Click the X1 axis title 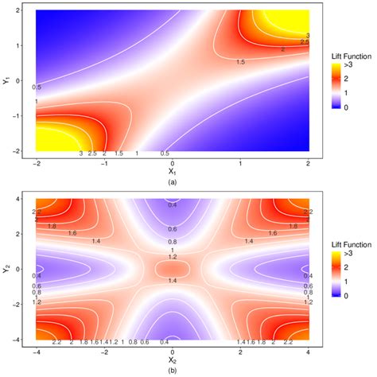[x=173, y=169]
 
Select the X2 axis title [x=173, y=360]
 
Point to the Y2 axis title [x=6, y=270]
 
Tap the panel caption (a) [x=173, y=181]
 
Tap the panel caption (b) [x=173, y=371]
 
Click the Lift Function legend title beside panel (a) [x=347, y=58]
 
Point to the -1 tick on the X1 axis [x=104, y=161]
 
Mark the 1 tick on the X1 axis [x=240, y=161]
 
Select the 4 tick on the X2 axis [x=309, y=351]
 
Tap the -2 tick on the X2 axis [x=104, y=351]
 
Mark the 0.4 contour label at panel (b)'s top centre [x=173, y=204]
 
